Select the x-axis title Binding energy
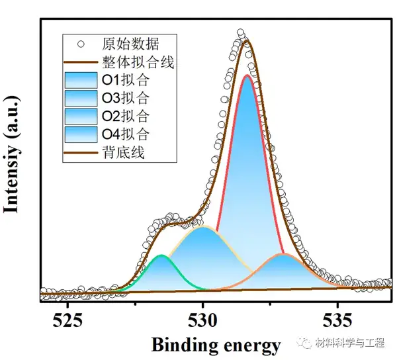click(216, 344)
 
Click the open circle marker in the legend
click(81, 45)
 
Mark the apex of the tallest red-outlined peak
click(247, 75)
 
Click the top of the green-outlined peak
click(161, 255)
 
